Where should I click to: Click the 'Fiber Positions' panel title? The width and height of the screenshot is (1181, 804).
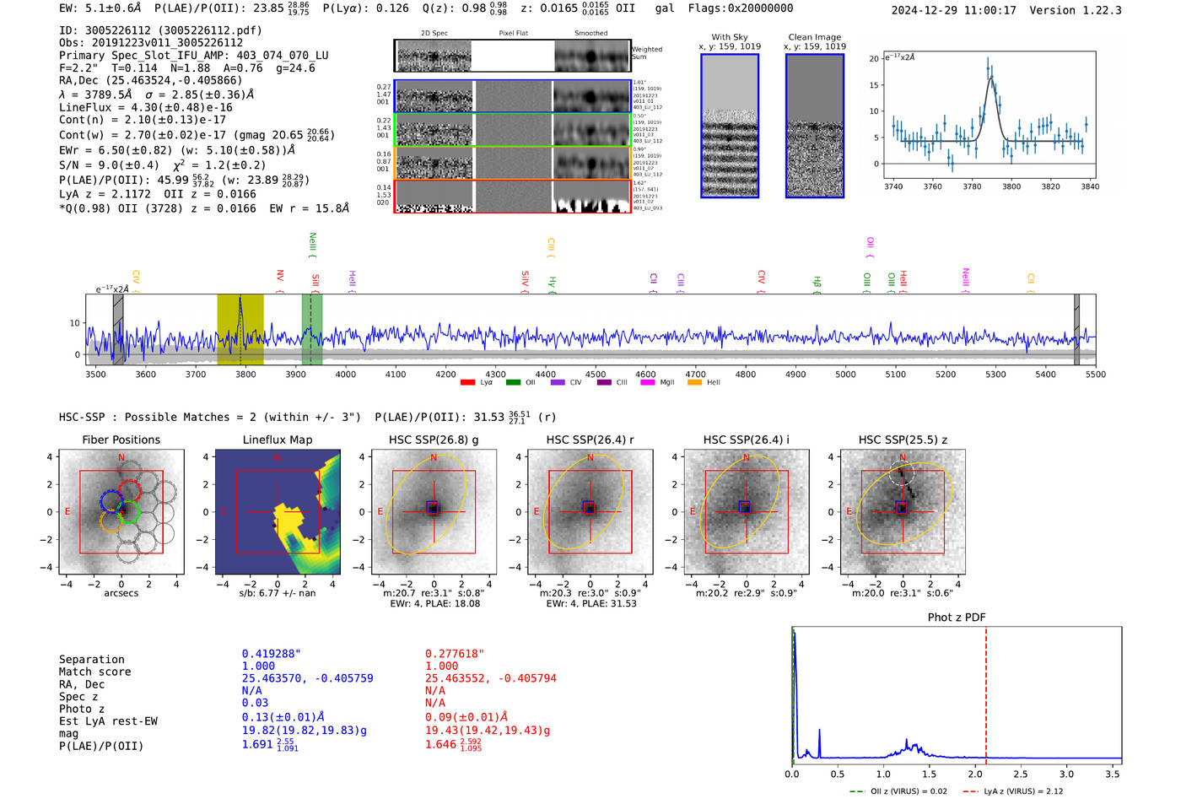(x=121, y=440)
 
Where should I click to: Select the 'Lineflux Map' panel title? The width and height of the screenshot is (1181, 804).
(x=277, y=440)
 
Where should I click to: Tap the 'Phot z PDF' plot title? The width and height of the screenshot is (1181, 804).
(x=956, y=617)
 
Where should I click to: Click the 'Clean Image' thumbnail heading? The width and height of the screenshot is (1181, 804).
(x=814, y=37)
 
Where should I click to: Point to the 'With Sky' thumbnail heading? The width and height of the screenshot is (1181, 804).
(x=729, y=37)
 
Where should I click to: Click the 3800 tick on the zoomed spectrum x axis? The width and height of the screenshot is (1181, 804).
(x=1011, y=186)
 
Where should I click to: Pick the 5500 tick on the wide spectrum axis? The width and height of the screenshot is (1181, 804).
(x=1095, y=375)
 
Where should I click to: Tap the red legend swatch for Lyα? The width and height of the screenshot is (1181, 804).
(x=467, y=383)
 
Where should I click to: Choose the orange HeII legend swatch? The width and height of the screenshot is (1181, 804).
(x=694, y=383)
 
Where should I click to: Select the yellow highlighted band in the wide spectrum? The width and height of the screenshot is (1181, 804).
(x=240, y=329)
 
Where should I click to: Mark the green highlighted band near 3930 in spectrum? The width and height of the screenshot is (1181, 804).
(x=311, y=329)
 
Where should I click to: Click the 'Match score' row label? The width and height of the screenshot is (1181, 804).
(x=94, y=672)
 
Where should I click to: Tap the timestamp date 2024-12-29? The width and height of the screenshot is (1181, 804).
(x=925, y=10)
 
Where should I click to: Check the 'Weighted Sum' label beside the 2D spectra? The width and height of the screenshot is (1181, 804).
(x=646, y=53)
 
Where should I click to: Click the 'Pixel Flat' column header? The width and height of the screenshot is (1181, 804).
(x=513, y=33)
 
